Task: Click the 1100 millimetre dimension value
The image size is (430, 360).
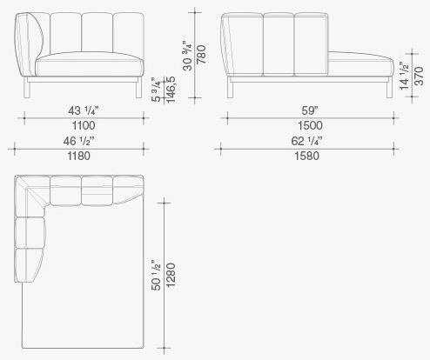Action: click(84, 125)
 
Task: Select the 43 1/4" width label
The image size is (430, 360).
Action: click(84, 110)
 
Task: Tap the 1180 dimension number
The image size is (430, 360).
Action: click(79, 156)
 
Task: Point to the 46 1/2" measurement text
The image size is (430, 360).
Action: click(78, 141)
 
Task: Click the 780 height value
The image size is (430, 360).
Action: click(201, 55)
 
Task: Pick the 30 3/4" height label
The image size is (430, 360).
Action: click(188, 57)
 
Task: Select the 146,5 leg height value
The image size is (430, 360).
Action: click(171, 90)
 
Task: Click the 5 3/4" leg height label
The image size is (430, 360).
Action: click(156, 90)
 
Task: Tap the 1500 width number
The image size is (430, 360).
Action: click(310, 125)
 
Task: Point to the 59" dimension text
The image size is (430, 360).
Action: click(310, 110)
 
